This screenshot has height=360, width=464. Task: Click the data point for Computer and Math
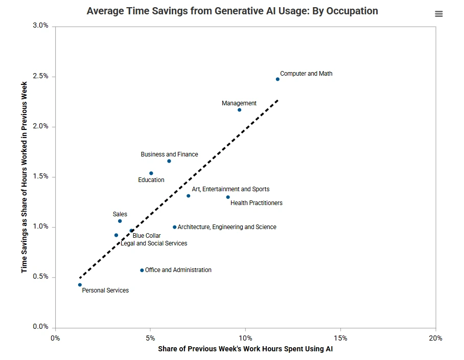click(x=277, y=79)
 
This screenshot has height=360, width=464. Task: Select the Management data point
click(x=239, y=110)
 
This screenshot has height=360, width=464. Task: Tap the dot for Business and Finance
click(x=169, y=161)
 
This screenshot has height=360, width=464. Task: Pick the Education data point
click(x=151, y=173)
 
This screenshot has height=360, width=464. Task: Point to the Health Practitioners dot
click(x=228, y=197)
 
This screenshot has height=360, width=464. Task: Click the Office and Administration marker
click(x=142, y=271)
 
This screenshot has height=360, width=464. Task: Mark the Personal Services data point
click(x=80, y=285)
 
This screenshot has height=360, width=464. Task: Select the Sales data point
click(x=120, y=221)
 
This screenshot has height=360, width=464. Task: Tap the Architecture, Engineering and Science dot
click(x=174, y=227)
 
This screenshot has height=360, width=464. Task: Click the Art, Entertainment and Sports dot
click(x=188, y=196)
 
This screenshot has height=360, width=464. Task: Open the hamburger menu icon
click(x=439, y=14)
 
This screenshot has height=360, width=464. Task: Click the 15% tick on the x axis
click(x=340, y=338)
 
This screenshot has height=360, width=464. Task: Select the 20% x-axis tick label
click(x=435, y=338)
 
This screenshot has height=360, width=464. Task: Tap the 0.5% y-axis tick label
click(x=40, y=277)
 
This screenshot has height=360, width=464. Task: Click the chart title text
click(x=232, y=11)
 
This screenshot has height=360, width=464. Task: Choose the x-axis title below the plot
click(x=245, y=350)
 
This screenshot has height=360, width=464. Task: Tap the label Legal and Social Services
click(x=154, y=243)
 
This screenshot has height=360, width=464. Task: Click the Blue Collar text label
click(x=147, y=236)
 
